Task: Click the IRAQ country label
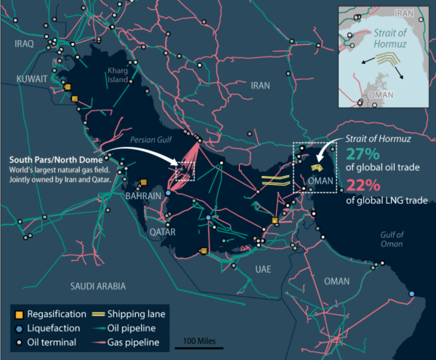24,44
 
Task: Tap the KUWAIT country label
31,78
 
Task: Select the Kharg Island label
117,75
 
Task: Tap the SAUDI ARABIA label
99,285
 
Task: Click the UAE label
263,269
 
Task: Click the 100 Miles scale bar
199,347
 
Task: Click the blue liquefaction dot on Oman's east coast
412,295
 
